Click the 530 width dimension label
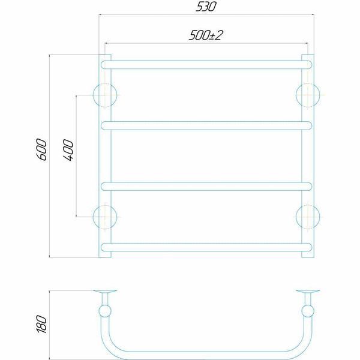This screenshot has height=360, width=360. point(206,7)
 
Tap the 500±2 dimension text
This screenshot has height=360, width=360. point(206,35)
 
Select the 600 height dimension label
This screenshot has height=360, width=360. point(42,149)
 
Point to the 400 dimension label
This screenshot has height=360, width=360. point(68,150)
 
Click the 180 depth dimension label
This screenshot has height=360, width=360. point(42,324)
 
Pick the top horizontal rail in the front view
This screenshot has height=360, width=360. point(206,65)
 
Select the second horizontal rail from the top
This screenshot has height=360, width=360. point(206,125)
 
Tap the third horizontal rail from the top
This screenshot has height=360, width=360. point(206,187)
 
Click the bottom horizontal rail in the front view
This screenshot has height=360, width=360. point(206,247)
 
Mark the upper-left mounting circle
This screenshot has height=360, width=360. point(105,84)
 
